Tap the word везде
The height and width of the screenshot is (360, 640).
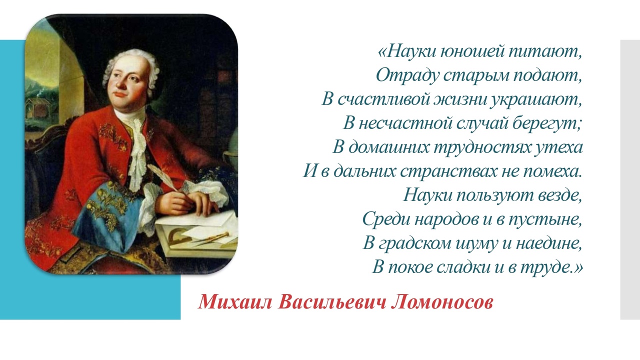click(x=560, y=195)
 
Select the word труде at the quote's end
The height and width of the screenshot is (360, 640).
click(x=549, y=268)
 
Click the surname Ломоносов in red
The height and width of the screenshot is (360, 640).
click(x=442, y=302)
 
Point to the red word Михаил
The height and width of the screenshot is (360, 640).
click(x=235, y=302)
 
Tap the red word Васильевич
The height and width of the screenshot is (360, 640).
click(x=331, y=302)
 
